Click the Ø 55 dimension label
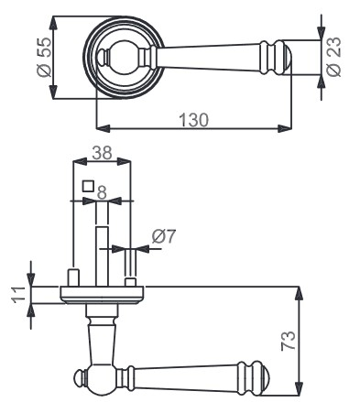click(44, 58)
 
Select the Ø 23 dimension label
click(333, 57)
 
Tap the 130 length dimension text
click(193, 120)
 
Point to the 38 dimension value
click(103, 153)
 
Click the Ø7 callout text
click(164, 236)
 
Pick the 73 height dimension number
click(289, 340)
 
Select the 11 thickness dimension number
click(19, 295)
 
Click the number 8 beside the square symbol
click(102, 192)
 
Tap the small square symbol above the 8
click(88, 186)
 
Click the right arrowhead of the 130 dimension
click(285, 128)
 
